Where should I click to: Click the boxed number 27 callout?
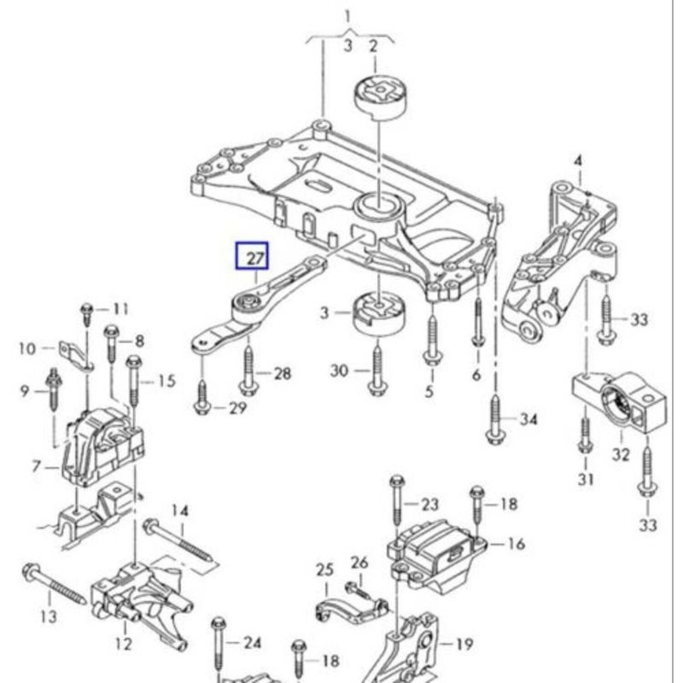252,254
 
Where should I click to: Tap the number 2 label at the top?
373,46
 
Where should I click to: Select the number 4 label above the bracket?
577,161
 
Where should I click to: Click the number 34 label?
529,419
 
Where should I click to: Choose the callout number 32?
621,455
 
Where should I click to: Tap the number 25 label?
324,569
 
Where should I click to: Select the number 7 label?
37,467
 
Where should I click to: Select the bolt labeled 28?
248,369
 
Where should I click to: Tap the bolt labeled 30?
375,370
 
